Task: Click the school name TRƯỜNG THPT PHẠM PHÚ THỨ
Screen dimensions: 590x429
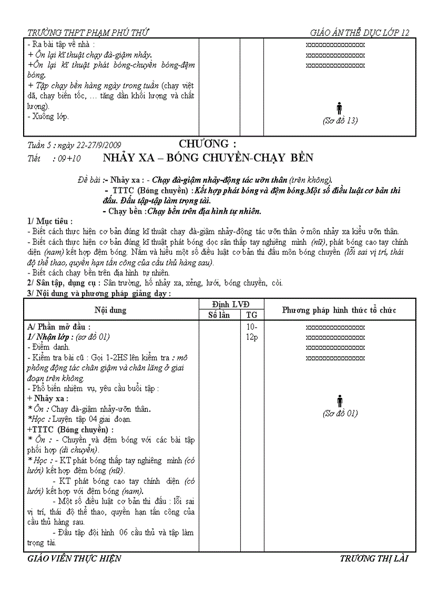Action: point(88,32)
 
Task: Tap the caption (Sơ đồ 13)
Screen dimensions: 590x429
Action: point(340,120)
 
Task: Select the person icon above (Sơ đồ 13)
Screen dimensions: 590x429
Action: point(340,108)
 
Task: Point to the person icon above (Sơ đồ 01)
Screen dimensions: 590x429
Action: point(340,401)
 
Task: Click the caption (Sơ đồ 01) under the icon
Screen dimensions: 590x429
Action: point(340,413)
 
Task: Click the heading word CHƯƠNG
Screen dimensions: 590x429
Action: point(207,144)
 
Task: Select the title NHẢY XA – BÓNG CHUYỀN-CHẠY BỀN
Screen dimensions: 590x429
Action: point(208,158)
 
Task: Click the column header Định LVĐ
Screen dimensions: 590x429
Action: point(231,305)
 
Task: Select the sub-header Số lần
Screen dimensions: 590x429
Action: point(219,315)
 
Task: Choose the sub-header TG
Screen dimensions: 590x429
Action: point(251,315)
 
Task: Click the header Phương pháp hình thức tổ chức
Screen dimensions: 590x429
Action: point(339,310)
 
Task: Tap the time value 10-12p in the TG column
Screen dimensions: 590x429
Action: point(251,332)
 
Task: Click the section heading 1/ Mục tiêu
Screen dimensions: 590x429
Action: point(50,221)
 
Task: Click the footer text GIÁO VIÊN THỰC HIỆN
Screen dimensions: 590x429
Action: point(74,558)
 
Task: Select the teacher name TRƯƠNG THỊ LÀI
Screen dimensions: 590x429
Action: point(374,558)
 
